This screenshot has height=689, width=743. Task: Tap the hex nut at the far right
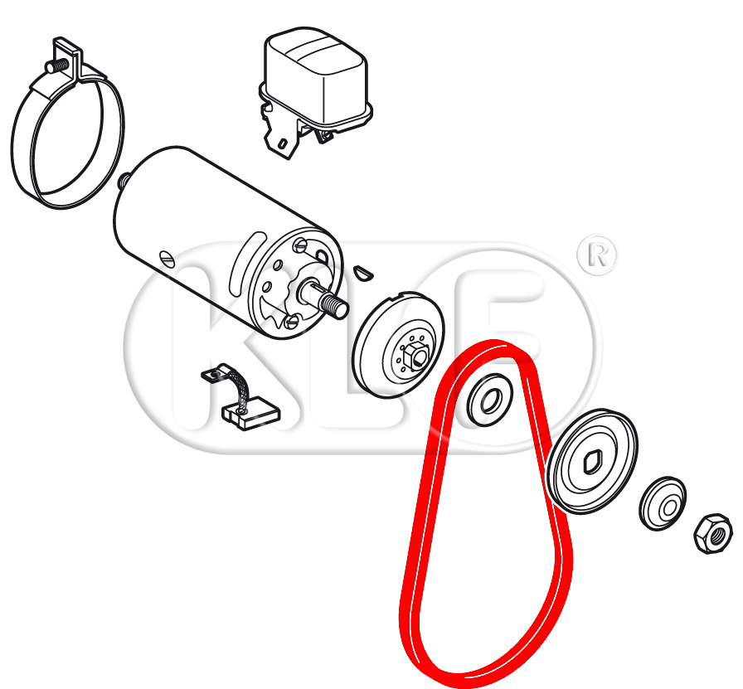point(713,534)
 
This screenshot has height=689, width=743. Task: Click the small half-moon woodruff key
point(363,273)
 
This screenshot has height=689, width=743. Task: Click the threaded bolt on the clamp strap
point(56,66)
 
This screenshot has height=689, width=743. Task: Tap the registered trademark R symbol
point(597,255)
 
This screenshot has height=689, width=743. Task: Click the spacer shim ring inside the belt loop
point(489,400)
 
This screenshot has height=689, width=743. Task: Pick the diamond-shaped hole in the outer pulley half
point(592,462)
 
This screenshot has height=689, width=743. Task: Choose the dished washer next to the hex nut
point(663,504)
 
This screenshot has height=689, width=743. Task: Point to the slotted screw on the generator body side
point(168,259)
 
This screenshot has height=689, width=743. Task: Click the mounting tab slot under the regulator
point(282,143)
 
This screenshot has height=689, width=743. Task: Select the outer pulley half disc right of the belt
point(592,462)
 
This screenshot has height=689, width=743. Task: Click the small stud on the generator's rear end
point(124,180)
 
